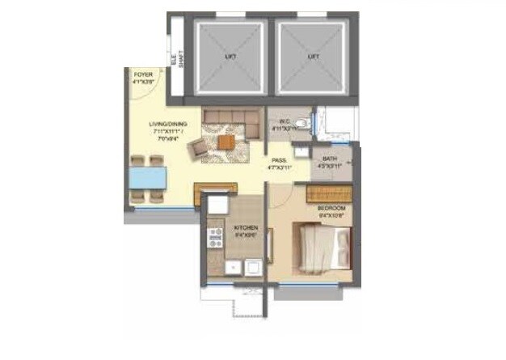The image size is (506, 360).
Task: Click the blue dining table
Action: coord(147,176)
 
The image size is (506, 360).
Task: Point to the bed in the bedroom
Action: coord(326,250)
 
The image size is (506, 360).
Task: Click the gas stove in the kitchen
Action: coord(216,237)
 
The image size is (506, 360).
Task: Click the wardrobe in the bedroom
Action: coord(328,193)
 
